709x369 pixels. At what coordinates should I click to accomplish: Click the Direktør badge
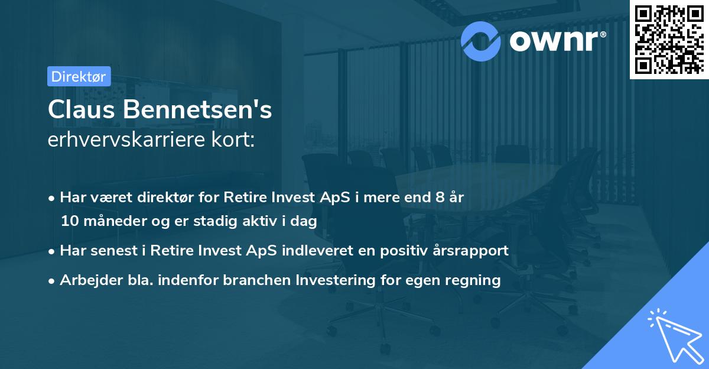click(x=78, y=76)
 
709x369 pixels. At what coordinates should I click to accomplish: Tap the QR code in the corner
click(x=669, y=39)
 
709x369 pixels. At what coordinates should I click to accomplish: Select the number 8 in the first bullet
click(x=440, y=197)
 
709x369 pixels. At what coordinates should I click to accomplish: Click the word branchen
click(x=248, y=279)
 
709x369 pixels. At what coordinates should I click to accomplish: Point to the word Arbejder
click(x=86, y=279)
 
